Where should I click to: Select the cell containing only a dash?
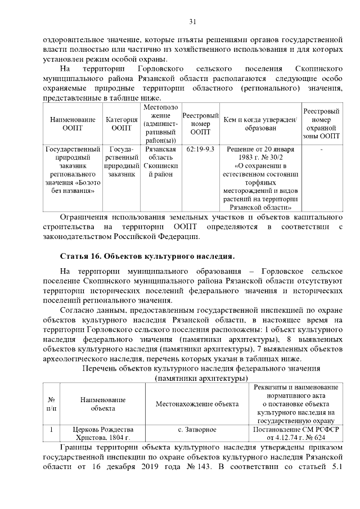(x=321, y=150)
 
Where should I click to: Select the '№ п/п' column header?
(x=51, y=404)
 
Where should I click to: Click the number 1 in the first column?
(x=51, y=430)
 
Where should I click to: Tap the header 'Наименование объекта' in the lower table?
(x=102, y=404)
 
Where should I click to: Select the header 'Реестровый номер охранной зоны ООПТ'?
(x=321, y=124)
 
